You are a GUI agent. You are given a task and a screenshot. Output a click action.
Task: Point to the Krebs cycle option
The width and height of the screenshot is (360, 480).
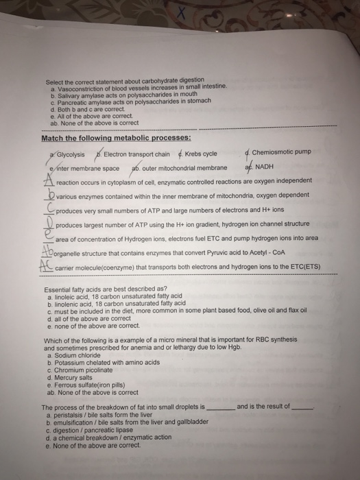200,154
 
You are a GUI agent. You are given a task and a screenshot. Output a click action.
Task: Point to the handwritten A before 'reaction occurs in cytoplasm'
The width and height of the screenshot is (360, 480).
49,180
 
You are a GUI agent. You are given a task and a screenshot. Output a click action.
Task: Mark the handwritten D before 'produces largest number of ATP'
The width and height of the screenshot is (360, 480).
49,223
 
